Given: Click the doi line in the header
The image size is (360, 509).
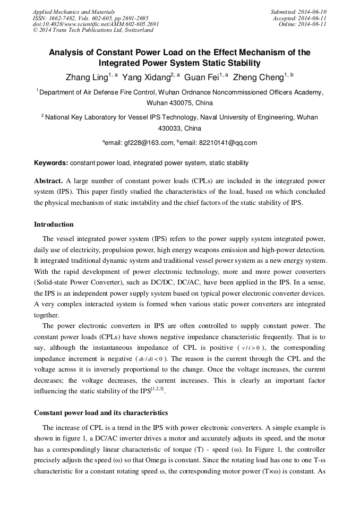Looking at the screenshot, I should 96,24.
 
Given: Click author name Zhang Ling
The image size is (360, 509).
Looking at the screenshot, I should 85,77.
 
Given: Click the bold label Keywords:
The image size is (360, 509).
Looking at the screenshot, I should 51,163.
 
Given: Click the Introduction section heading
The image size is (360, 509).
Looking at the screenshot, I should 54,225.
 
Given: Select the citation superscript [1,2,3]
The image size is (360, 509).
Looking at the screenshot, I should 158,390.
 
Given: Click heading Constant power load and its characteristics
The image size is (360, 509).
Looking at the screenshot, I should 101,413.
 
